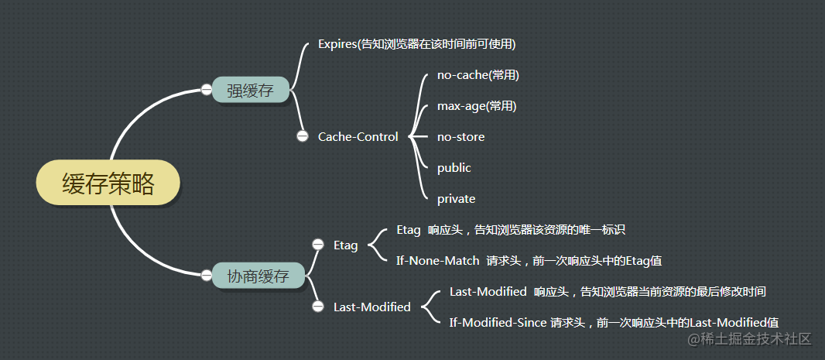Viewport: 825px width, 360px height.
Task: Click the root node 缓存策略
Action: point(108,184)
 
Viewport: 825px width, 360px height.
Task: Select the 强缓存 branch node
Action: point(250,90)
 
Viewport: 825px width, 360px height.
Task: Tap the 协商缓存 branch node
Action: point(258,275)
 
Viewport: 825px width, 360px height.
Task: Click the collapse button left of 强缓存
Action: point(206,90)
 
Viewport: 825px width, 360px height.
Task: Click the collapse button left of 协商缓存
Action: point(206,275)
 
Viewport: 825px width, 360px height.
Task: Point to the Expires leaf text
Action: point(416,44)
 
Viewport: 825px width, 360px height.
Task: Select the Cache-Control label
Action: point(358,137)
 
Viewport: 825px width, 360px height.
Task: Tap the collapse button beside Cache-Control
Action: point(303,136)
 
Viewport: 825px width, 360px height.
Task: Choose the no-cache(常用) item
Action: point(478,75)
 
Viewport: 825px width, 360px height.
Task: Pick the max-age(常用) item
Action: point(476,106)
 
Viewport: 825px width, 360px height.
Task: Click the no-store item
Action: point(460,137)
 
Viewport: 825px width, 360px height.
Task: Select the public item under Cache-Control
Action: point(454,168)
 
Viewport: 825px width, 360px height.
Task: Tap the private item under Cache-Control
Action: point(456,199)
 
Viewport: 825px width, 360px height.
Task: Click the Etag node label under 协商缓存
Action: point(345,245)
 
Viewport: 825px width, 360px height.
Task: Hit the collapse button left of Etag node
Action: point(317,245)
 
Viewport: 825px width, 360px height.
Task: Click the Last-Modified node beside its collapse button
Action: point(371,307)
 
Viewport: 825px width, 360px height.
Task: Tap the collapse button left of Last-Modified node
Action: point(317,307)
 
